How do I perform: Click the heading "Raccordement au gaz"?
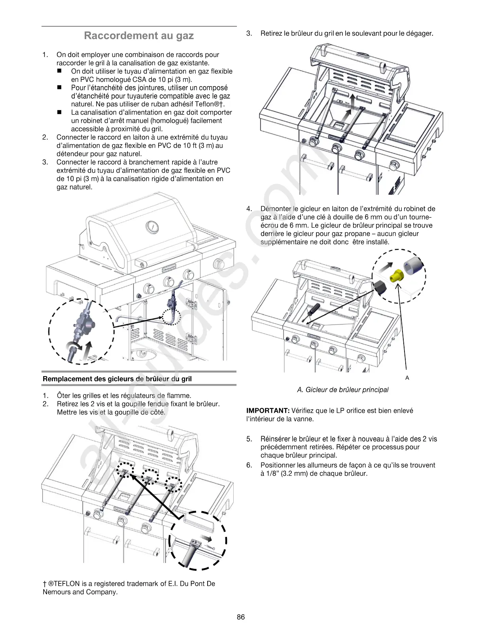139,36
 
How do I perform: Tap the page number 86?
241,617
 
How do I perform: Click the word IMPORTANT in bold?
268,411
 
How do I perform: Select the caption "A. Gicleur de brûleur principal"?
342,390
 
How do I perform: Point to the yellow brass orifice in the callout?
396,277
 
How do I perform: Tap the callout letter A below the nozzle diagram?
407,378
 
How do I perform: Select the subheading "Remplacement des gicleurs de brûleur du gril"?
117,379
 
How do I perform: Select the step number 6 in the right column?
249,465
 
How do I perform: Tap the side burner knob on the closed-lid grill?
218,264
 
